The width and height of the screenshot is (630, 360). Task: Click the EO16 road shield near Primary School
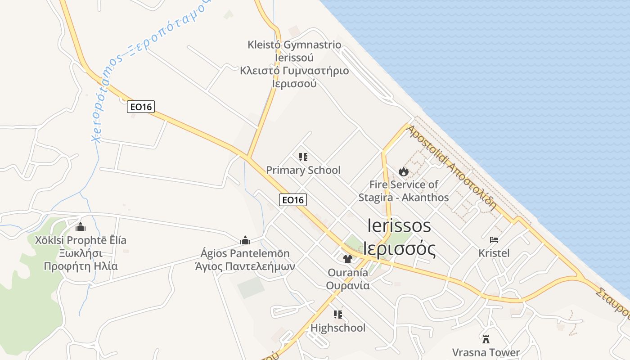(x=293, y=199)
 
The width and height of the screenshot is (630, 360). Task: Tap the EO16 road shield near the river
(x=140, y=107)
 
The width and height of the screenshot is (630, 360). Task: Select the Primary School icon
(x=303, y=157)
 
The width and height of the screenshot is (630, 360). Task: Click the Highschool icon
(x=338, y=315)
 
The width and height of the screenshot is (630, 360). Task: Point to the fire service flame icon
(x=403, y=171)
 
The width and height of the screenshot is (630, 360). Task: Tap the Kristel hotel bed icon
(x=494, y=240)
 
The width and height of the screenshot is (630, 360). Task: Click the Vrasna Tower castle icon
(x=486, y=339)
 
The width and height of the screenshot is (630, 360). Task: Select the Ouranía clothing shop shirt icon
(x=347, y=259)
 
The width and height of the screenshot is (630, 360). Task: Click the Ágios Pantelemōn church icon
(x=245, y=240)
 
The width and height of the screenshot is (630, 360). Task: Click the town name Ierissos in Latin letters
(x=399, y=225)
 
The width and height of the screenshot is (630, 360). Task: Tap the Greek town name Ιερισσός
(x=400, y=249)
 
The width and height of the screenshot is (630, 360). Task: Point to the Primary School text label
(x=303, y=170)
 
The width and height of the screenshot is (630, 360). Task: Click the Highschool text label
(x=338, y=328)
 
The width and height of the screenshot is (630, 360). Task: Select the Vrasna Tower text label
(x=486, y=352)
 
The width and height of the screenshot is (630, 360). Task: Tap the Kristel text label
(x=494, y=253)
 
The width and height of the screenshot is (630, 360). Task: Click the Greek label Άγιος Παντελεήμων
(x=245, y=266)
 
